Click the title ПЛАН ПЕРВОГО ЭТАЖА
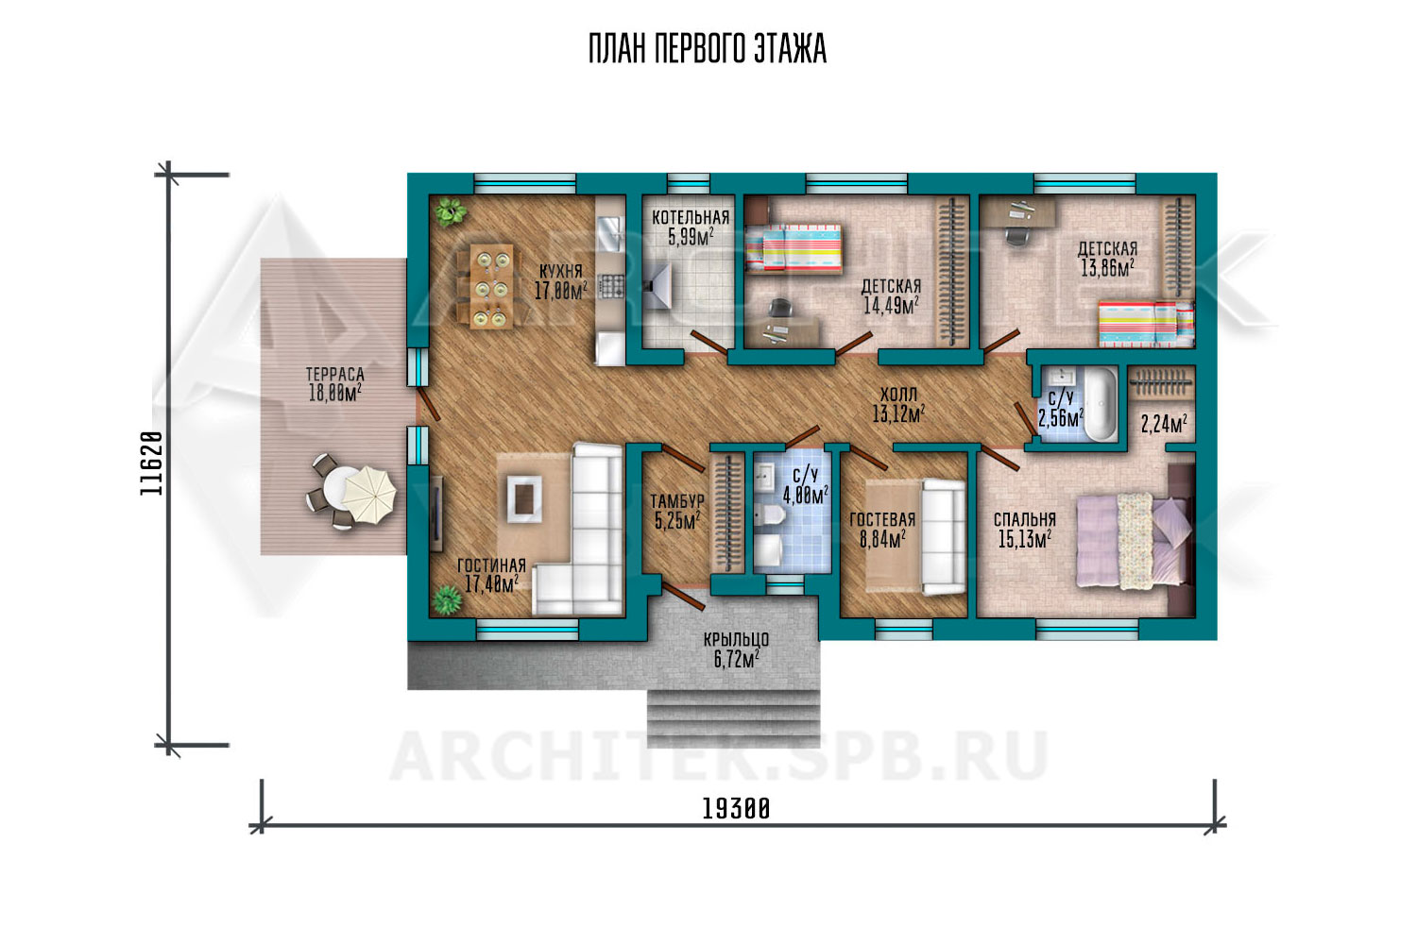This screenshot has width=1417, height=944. [x=708, y=49]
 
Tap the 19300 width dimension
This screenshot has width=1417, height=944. [x=736, y=809]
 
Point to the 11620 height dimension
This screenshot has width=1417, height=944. [x=152, y=463]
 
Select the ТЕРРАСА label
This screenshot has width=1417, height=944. [x=334, y=375]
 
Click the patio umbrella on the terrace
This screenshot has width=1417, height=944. [x=369, y=495]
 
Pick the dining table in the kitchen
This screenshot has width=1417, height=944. [x=492, y=286]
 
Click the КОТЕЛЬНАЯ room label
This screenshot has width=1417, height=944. [x=691, y=217]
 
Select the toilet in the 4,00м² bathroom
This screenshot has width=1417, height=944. [x=770, y=514]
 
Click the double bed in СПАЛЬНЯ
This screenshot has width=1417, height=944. [x=1133, y=542]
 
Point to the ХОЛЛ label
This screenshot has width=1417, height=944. [x=898, y=396]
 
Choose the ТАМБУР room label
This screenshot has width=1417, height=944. [x=677, y=501]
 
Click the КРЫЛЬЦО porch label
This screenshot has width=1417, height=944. [x=736, y=640]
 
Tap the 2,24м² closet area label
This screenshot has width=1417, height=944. [x=1163, y=424]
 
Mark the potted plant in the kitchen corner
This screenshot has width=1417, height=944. [x=450, y=211]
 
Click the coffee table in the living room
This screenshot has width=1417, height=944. [x=523, y=498]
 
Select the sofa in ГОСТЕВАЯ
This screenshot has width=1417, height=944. [x=943, y=537]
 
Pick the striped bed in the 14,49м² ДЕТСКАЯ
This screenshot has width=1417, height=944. [x=794, y=247]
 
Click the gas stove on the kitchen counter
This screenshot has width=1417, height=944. [x=611, y=286]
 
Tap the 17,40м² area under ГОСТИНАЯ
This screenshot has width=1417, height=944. [x=491, y=583]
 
